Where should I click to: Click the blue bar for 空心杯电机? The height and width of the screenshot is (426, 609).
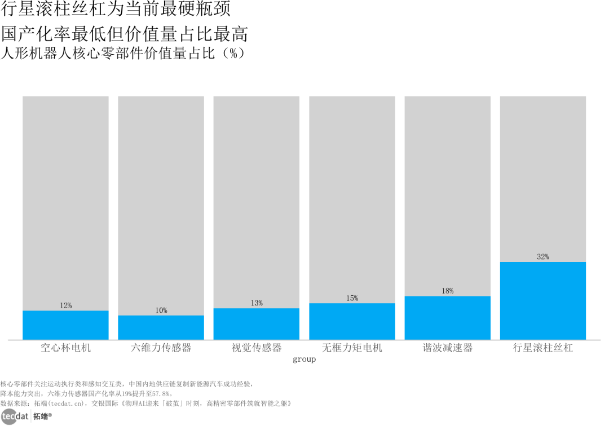click(65, 325)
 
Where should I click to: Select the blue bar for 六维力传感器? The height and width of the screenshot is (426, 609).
click(161, 327)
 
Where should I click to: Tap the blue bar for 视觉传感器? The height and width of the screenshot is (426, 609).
click(257, 324)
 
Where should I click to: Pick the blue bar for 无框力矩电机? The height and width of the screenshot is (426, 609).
click(352, 321)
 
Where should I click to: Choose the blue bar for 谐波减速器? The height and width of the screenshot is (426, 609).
click(447, 318)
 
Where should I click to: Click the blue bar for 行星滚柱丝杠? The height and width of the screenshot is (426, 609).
click(543, 301)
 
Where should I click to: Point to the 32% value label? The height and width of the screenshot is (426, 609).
click(543, 256)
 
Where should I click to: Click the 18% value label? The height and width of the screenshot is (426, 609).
click(447, 291)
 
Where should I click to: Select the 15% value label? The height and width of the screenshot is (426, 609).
click(352, 298)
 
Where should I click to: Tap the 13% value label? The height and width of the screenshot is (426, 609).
click(257, 303)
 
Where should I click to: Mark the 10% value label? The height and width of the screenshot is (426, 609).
click(161, 310)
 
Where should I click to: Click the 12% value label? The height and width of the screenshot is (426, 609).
click(65, 305)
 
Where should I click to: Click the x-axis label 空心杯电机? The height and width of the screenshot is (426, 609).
click(65, 348)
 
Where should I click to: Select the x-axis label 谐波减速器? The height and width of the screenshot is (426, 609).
click(447, 348)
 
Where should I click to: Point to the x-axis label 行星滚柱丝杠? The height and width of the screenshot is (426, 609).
click(543, 348)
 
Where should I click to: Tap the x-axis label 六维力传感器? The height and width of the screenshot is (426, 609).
click(161, 348)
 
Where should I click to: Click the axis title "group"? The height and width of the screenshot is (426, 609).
click(304, 360)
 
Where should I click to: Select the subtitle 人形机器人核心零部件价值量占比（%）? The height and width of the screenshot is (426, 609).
click(123, 53)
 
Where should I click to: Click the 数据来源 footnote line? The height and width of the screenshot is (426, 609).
click(145, 403)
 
